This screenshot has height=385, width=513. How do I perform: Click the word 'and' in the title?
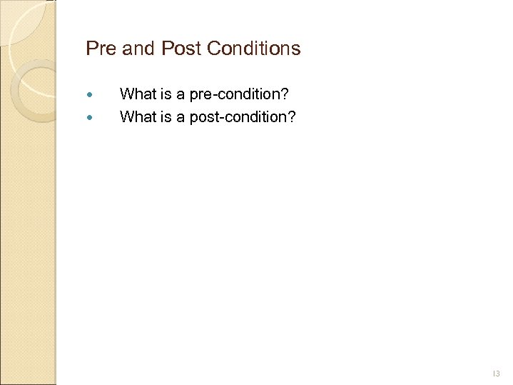(137, 49)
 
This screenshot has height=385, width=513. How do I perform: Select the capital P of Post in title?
(166, 49)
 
